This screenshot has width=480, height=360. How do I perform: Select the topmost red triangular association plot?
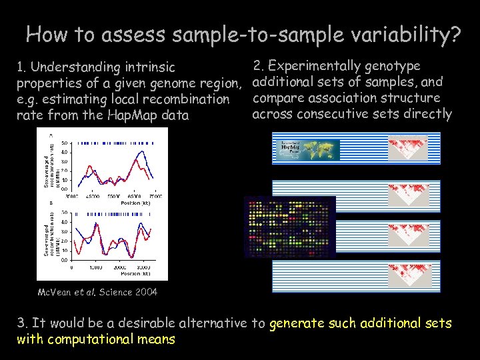408,148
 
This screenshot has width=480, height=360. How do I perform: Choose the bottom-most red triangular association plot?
408,271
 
